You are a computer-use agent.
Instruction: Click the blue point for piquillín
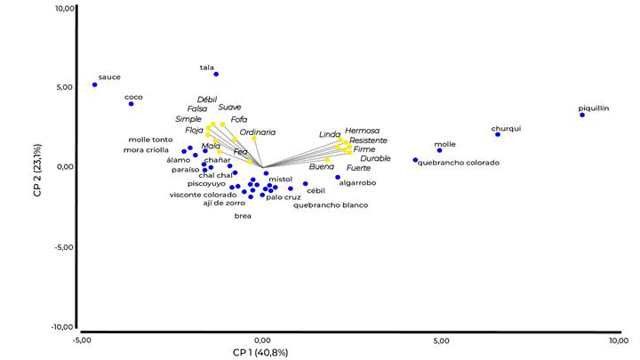[582, 115]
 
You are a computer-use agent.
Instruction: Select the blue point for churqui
[498, 134]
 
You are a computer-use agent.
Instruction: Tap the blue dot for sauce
[95, 84]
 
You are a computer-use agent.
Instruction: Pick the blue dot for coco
[131, 104]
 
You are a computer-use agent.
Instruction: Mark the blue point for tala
[216, 74]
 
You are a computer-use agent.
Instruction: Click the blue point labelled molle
[439, 150]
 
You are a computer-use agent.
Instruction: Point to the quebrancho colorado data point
[415, 160]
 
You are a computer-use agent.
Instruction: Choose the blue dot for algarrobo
[338, 177]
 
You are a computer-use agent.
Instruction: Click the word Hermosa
[362, 131]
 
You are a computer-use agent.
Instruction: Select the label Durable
[375, 158]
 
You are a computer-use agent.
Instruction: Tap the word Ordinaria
[257, 132]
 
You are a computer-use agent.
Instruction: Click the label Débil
[207, 99]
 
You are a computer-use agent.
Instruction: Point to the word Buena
[322, 166]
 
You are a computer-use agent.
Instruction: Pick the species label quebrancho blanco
[331, 204]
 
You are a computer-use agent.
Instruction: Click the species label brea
[243, 216]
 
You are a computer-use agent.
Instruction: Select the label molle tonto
[151, 140]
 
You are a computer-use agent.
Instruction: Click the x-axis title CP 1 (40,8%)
[260, 352]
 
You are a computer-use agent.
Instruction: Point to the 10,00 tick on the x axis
[618, 340]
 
